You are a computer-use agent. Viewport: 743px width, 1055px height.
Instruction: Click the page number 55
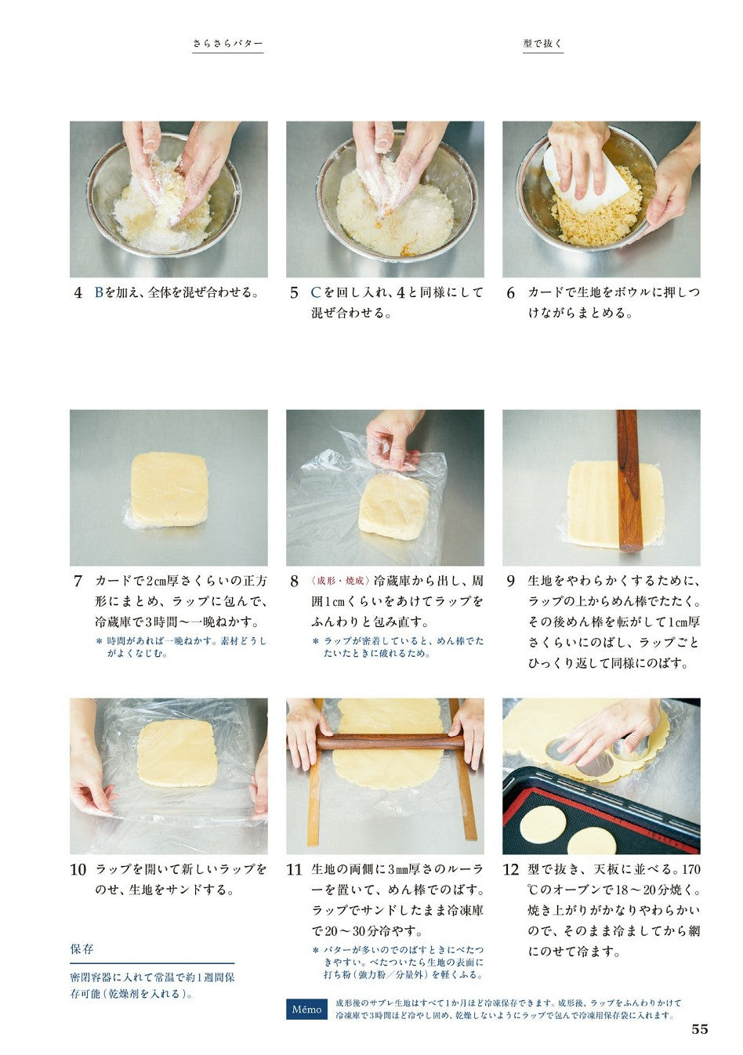click(x=700, y=1029)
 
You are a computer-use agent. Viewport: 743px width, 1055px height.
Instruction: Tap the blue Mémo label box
click(x=306, y=1009)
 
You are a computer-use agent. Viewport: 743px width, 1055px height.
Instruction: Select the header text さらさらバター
click(x=228, y=44)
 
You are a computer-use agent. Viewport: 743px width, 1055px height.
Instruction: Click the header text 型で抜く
click(x=543, y=43)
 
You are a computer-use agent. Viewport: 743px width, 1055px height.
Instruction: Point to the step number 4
click(x=78, y=293)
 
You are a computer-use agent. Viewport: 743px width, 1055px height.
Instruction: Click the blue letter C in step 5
click(x=316, y=292)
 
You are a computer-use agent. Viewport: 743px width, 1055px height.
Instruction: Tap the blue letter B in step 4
click(x=99, y=292)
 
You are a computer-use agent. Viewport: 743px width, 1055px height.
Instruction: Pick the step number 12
click(x=511, y=869)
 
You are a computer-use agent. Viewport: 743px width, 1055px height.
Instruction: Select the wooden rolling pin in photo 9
click(x=629, y=480)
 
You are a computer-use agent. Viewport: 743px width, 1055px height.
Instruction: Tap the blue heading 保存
click(x=82, y=949)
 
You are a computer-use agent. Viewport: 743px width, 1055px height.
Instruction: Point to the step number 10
click(x=78, y=869)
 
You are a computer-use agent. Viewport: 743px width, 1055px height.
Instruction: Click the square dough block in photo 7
click(x=169, y=489)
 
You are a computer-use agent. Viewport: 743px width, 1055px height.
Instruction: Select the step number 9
click(x=511, y=582)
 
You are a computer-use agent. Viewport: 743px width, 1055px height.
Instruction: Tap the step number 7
click(x=78, y=582)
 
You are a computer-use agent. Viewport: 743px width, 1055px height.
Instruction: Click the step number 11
click(x=294, y=869)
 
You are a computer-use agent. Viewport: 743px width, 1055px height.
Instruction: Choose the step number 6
click(x=511, y=293)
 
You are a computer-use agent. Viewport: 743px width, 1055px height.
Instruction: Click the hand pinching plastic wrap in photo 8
click(x=393, y=440)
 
